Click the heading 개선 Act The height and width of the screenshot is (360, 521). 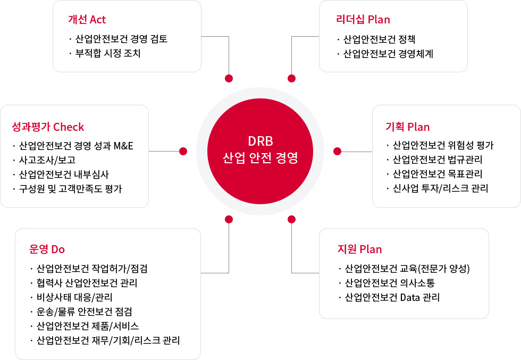pyautogui.click(x=87, y=20)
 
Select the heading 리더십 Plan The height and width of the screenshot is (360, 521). pyautogui.click(x=363, y=20)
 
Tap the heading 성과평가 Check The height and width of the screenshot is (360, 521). pyautogui.click(x=48, y=127)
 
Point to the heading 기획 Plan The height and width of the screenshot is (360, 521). pyautogui.click(x=407, y=127)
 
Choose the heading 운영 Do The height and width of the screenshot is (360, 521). pyautogui.click(x=47, y=249)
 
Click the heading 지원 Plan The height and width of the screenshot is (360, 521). pyautogui.click(x=359, y=249)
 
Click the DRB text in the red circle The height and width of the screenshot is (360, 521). pyautogui.click(x=260, y=141)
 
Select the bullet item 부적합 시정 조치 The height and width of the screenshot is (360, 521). pyautogui.click(x=108, y=53)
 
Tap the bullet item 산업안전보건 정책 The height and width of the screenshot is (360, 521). pyautogui.click(x=379, y=39)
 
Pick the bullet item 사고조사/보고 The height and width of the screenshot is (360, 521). pyautogui.click(x=47, y=160)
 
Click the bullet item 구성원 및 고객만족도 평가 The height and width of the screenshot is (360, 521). pyautogui.click(x=70, y=189)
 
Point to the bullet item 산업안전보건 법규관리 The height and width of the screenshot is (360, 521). pyautogui.click(x=437, y=160)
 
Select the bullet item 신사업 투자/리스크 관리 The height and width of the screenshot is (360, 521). pyautogui.click(x=440, y=188)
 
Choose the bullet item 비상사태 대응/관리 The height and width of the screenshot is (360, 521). pyautogui.click(x=74, y=297)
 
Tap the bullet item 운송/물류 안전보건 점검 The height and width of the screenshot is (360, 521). pyautogui.click(x=85, y=312)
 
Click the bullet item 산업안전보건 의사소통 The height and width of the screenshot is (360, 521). pyautogui.click(x=390, y=283)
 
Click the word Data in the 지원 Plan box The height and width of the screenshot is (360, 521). pyautogui.click(x=410, y=297)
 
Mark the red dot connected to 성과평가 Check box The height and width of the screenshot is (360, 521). pyautogui.click(x=183, y=151)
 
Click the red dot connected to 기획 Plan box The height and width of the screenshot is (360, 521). pyautogui.click(x=337, y=151)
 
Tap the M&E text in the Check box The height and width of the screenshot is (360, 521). pyautogui.click(x=123, y=146)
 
